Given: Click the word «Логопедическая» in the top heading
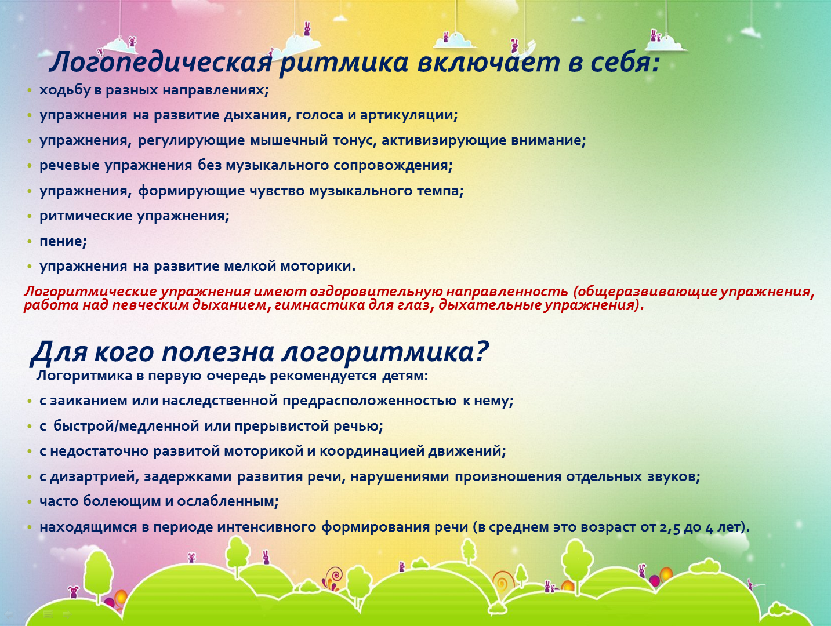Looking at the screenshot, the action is pos(161,61).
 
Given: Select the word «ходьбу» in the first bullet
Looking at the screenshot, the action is pos(65,91).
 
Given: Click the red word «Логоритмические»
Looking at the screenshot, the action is pos(90,292).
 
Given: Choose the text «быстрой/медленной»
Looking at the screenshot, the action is pos(126,426).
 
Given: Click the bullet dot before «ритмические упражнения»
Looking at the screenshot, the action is pos(30,216).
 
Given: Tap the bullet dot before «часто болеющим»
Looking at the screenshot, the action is pos(30,502).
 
